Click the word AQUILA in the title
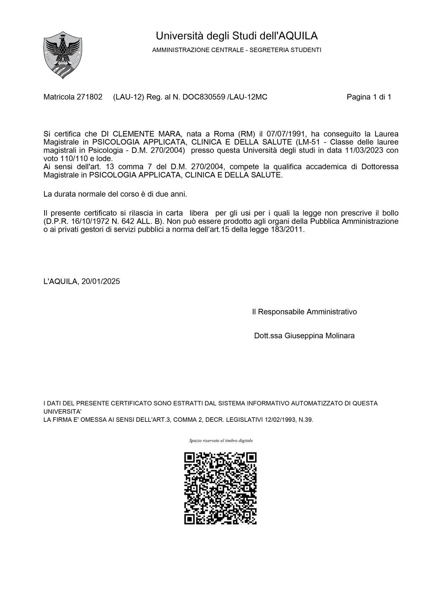click(x=298, y=36)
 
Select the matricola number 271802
click(x=89, y=97)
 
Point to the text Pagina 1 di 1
click(x=369, y=97)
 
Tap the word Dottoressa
click(x=379, y=167)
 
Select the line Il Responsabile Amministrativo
click(x=304, y=312)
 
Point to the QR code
click(x=221, y=488)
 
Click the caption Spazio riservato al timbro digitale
click(x=221, y=440)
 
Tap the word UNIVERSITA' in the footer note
click(x=63, y=411)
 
